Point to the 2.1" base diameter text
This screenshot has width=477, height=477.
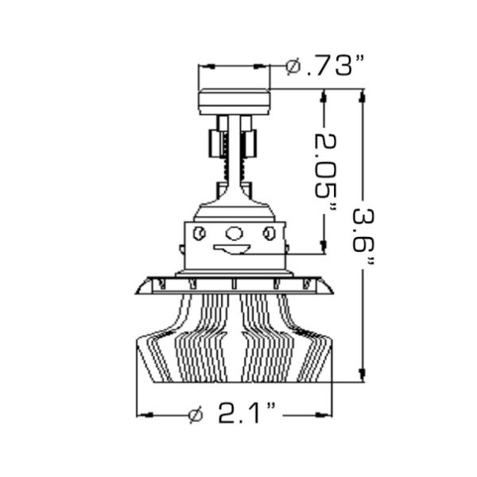pos(246,414)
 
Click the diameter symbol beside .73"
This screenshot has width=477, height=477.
pos(293,67)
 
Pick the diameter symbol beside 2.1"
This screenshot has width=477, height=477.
pos(196,414)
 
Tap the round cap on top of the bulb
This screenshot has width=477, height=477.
pos(235,102)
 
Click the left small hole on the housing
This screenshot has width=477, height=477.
pos(200,233)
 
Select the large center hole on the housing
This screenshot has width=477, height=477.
pos(235,233)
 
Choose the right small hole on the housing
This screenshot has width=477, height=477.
pos(269,233)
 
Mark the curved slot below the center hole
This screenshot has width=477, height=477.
pos(232,250)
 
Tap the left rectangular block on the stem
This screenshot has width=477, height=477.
pos(215,143)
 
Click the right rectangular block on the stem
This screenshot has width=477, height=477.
pos(250,143)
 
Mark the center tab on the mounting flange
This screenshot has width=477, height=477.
pos(235,284)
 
